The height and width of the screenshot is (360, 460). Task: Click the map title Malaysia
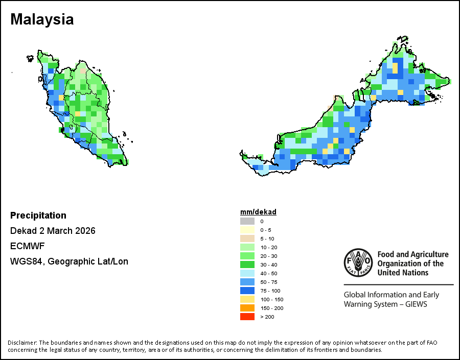[42, 19]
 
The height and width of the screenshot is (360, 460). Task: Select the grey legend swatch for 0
[247, 221]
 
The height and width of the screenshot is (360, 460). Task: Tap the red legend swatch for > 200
[247, 317]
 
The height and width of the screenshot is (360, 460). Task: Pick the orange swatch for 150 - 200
[247, 308]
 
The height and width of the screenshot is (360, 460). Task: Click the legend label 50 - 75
[269, 282]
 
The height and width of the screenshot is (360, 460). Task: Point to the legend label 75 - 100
[270, 291]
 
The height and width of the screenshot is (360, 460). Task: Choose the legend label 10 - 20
[269, 247]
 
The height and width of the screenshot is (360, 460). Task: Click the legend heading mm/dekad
[258, 212]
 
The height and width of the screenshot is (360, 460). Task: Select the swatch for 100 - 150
[247, 299]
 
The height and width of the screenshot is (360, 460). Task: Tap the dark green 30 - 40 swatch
[247, 265]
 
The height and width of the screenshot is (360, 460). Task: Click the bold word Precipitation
[38, 215]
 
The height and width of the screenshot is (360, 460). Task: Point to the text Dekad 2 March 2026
[53, 231]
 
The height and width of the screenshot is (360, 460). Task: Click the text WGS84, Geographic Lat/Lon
[69, 261]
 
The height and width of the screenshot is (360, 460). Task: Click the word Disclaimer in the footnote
[22, 343]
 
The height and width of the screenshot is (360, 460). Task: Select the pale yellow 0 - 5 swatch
[247, 230]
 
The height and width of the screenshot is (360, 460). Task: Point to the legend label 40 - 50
[269, 273]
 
